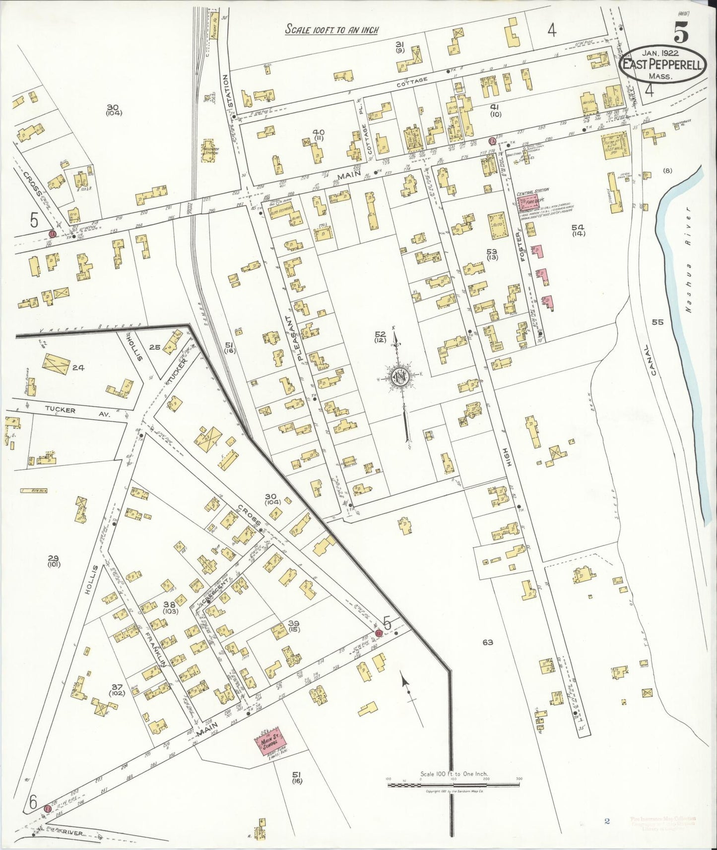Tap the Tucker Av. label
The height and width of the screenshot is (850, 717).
point(59,410)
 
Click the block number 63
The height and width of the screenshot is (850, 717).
point(487,643)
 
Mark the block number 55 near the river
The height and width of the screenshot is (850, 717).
point(657,322)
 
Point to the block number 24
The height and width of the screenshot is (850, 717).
point(78,367)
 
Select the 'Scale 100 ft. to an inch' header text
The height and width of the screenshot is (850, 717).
point(331,30)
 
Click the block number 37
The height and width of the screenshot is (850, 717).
point(117,687)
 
